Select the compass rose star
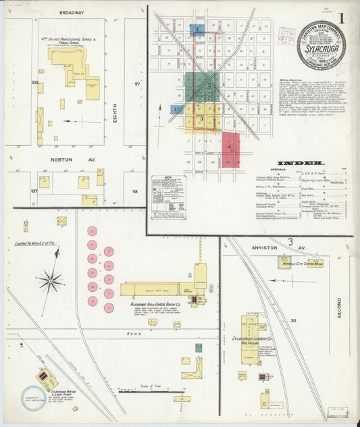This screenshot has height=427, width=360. (50, 280)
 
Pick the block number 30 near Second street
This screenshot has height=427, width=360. (293, 320)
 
